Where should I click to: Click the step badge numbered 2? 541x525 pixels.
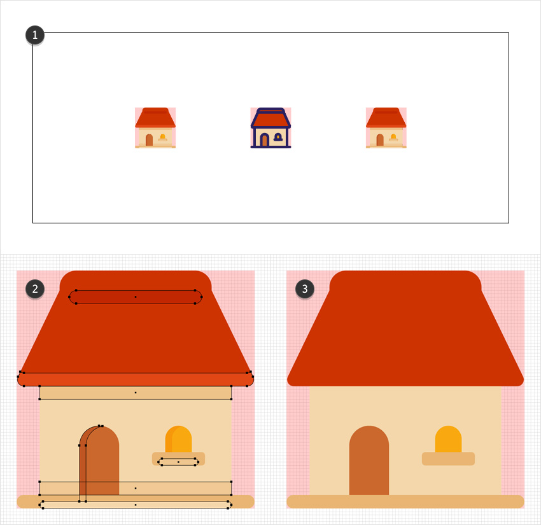pyautogui.click(x=35, y=289)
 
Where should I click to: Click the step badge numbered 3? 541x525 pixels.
pyautogui.click(x=306, y=289)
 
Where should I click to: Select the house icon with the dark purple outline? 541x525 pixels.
pyautogui.click(x=270, y=128)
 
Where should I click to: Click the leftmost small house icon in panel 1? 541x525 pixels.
pyautogui.click(x=155, y=128)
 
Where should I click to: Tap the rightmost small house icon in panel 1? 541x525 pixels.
pyautogui.click(x=386, y=128)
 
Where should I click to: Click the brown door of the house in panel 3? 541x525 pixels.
pyautogui.click(x=369, y=461)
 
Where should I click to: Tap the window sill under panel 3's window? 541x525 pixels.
pyautogui.click(x=448, y=459)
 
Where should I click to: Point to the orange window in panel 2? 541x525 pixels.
pyautogui.click(x=179, y=439)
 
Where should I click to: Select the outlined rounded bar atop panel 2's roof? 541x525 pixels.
pyautogui.click(x=136, y=297)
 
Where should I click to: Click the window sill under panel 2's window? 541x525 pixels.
pyautogui.click(x=178, y=459)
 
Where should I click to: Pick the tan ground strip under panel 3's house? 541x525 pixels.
pyautogui.click(x=405, y=501)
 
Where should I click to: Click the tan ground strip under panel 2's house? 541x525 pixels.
pyautogui.click(x=136, y=501)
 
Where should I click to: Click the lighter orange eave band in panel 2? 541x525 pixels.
pyautogui.click(x=136, y=379)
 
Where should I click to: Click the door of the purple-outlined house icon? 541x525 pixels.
pyautogui.click(x=264, y=140)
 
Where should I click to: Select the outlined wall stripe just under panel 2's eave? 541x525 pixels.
pyautogui.click(x=136, y=393)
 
